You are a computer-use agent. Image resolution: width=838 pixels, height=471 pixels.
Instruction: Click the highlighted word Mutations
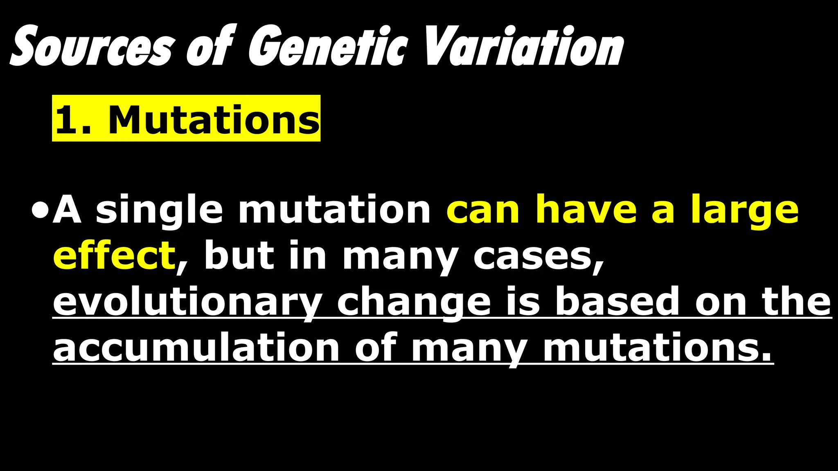(213, 120)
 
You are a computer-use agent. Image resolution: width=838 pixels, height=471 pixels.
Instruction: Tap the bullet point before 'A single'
(40, 212)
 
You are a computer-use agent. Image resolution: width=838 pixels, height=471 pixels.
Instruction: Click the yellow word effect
(114, 256)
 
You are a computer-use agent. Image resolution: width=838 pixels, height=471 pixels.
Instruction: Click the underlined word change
(413, 303)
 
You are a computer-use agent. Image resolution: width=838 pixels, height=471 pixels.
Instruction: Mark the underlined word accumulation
(196, 348)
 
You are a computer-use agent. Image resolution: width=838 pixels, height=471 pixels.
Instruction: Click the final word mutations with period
(657, 348)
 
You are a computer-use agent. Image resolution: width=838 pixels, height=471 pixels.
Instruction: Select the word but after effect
(239, 256)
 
